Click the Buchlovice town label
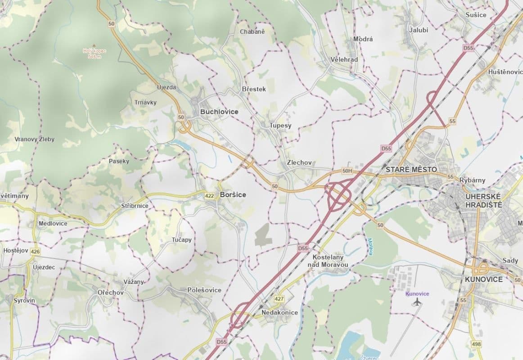[219, 112]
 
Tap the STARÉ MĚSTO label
[411, 170]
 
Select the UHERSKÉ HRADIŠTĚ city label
[483, 200]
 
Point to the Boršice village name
[233, 195]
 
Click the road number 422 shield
[209, 196]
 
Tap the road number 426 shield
[36, 252]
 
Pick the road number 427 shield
[279, 299]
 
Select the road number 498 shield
[477, 344]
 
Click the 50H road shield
[347, 171]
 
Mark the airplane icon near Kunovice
[417, 302]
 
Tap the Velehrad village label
[344, 59]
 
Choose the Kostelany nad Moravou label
[328, 261]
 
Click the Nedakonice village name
[280, 312]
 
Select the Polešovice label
[204, 290]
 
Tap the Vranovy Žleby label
[34, 139]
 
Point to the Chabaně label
[252, 31]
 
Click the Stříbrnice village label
[135, 206]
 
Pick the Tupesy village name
[280, 126]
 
